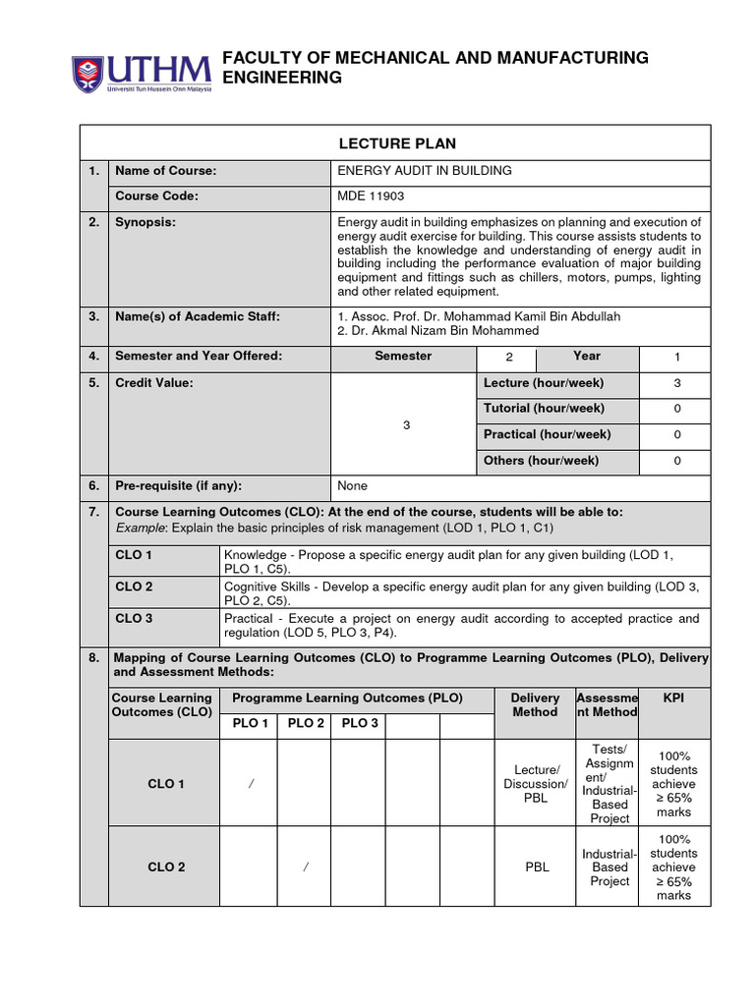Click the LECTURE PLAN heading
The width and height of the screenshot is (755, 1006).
397,143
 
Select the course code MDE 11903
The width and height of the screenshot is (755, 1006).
371,196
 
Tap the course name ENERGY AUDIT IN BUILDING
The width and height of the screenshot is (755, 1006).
425,171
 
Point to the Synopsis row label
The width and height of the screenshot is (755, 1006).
145,223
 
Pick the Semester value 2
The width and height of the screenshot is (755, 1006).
508,358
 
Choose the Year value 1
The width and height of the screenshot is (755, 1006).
676,358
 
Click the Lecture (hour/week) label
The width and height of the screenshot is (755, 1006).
544,383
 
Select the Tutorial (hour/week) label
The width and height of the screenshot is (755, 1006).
544,409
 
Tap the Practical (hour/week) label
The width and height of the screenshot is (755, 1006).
547,434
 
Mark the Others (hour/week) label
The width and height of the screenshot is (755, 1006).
541,461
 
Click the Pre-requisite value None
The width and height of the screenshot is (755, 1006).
352,486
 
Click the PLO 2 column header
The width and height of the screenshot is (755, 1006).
305,724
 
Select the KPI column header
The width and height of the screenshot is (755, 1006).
673,699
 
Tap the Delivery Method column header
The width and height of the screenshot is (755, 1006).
535,705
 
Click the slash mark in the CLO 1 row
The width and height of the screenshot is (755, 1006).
251,784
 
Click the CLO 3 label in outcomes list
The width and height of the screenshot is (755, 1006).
134,618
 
